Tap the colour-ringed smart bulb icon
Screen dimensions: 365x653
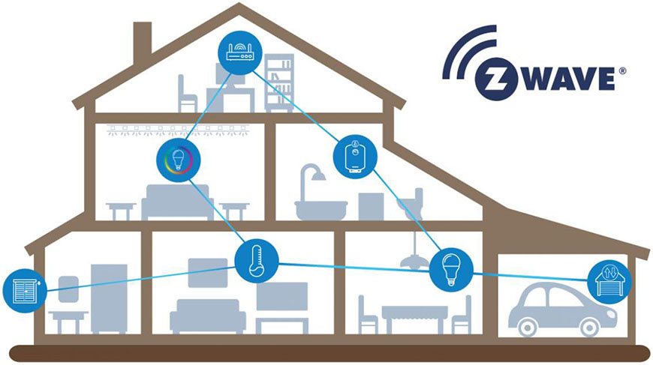(179, 159)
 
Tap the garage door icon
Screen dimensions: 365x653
(609, 281)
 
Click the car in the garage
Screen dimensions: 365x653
(552, 307)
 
